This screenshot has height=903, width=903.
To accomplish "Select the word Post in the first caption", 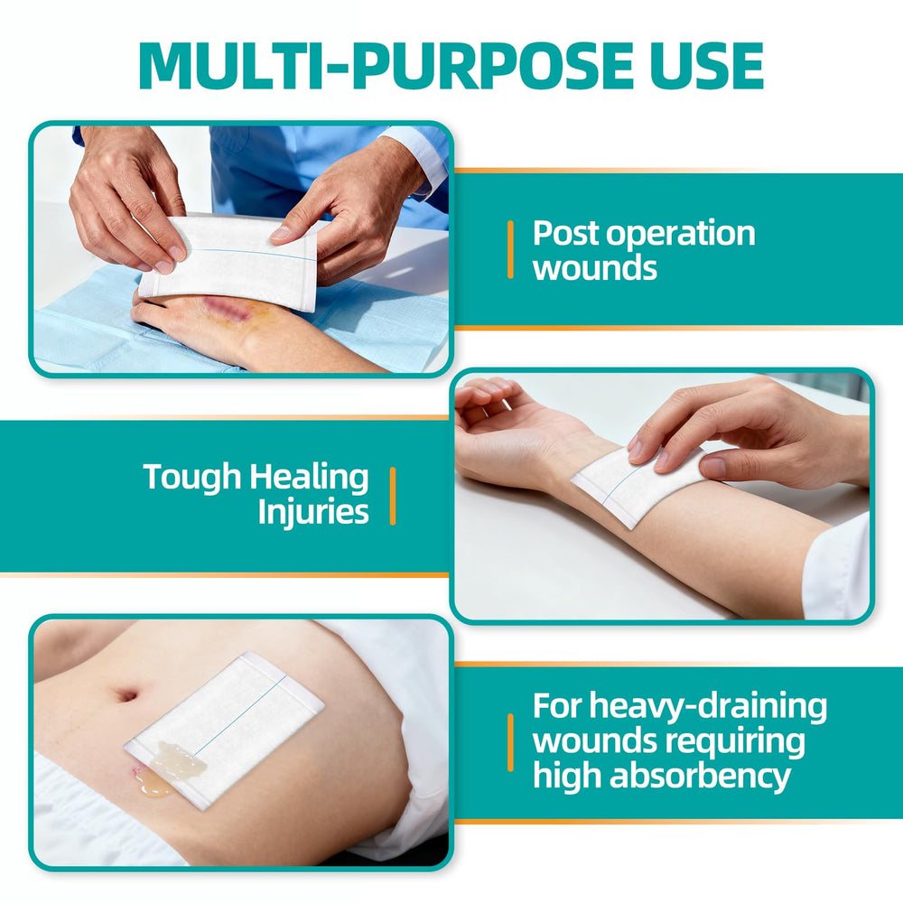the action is (566, 235).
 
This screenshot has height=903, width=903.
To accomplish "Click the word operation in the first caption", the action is (680, 235).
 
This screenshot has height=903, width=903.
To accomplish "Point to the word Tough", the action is (191, 478).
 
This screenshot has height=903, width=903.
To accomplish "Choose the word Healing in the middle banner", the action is (309, 478).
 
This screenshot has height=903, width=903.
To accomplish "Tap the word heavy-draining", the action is (708, 707).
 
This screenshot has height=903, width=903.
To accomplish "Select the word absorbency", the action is (700, 777).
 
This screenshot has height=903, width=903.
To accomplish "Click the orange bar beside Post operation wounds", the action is (510, 250).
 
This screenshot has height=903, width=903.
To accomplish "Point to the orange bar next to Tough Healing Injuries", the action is (393, 496).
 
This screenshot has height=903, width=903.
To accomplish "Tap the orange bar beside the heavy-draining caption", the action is (510, 742).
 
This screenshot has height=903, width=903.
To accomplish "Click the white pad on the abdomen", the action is (225, 731).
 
